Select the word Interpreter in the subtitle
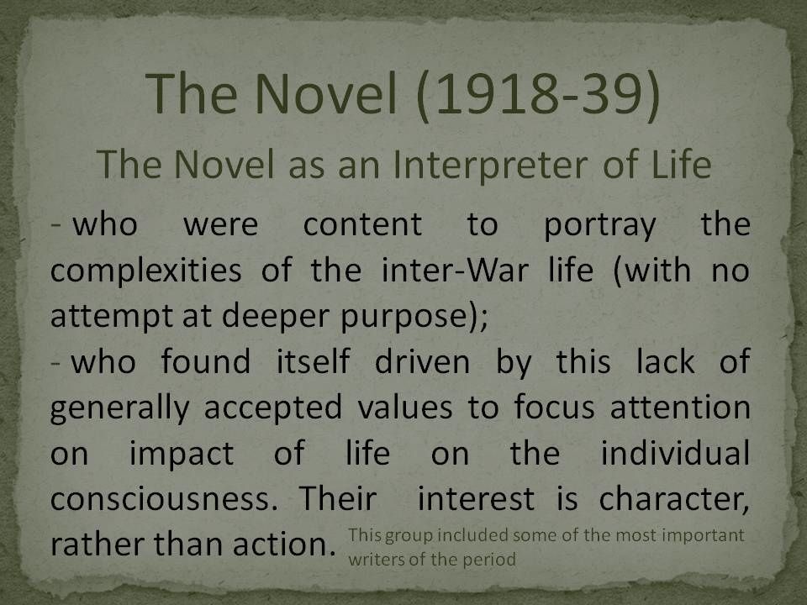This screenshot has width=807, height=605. [490, 165]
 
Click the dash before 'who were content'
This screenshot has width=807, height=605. [56, 225]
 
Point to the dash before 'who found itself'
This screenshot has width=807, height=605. [56, 362]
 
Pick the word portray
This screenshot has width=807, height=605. [600, 226]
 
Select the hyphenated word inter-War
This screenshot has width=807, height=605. [455, 270]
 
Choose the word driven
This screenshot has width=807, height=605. [422, 361]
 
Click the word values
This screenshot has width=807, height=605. [405, 408]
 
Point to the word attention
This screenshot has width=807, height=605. [680, 408]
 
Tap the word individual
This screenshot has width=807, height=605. [675, 453]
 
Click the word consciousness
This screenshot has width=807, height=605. [160, 500]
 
